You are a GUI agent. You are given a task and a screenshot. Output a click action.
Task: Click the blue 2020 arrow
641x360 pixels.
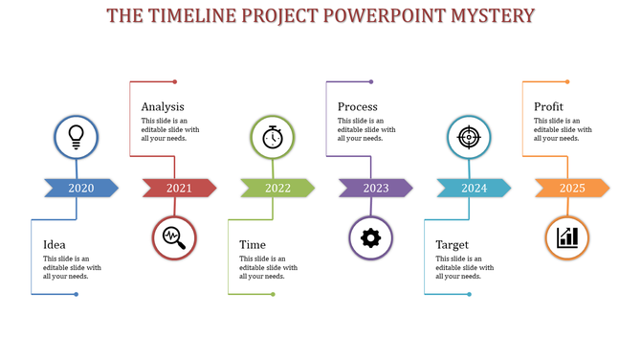coord(81,188)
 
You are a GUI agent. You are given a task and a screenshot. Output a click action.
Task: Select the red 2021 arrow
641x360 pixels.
coord(179,188)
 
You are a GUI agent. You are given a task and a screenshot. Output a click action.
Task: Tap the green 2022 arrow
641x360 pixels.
coord(277,188)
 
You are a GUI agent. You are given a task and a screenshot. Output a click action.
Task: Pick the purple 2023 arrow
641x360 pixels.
coord(376,188)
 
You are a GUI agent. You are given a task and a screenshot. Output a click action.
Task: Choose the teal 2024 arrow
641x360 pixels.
coord(474,188)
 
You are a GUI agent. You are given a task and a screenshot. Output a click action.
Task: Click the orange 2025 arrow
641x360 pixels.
coord(572,188)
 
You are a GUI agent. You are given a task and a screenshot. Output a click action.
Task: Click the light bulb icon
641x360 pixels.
coord(77,138)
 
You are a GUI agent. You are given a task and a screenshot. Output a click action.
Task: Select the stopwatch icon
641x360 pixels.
coord(273,138)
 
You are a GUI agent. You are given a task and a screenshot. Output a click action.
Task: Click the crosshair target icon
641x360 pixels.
coord(469,138)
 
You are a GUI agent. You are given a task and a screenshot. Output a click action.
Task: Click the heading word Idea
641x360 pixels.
coord(55,245)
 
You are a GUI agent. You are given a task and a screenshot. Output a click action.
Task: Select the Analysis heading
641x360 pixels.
coord(163,106)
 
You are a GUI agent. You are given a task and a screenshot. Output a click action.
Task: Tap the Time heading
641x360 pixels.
coord(253,245)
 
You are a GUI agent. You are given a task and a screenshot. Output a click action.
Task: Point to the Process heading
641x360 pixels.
coord(358,106)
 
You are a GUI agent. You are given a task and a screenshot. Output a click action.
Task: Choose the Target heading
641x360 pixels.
coord(453,245)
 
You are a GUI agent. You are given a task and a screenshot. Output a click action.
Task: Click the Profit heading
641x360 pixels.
coord(549,106)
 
